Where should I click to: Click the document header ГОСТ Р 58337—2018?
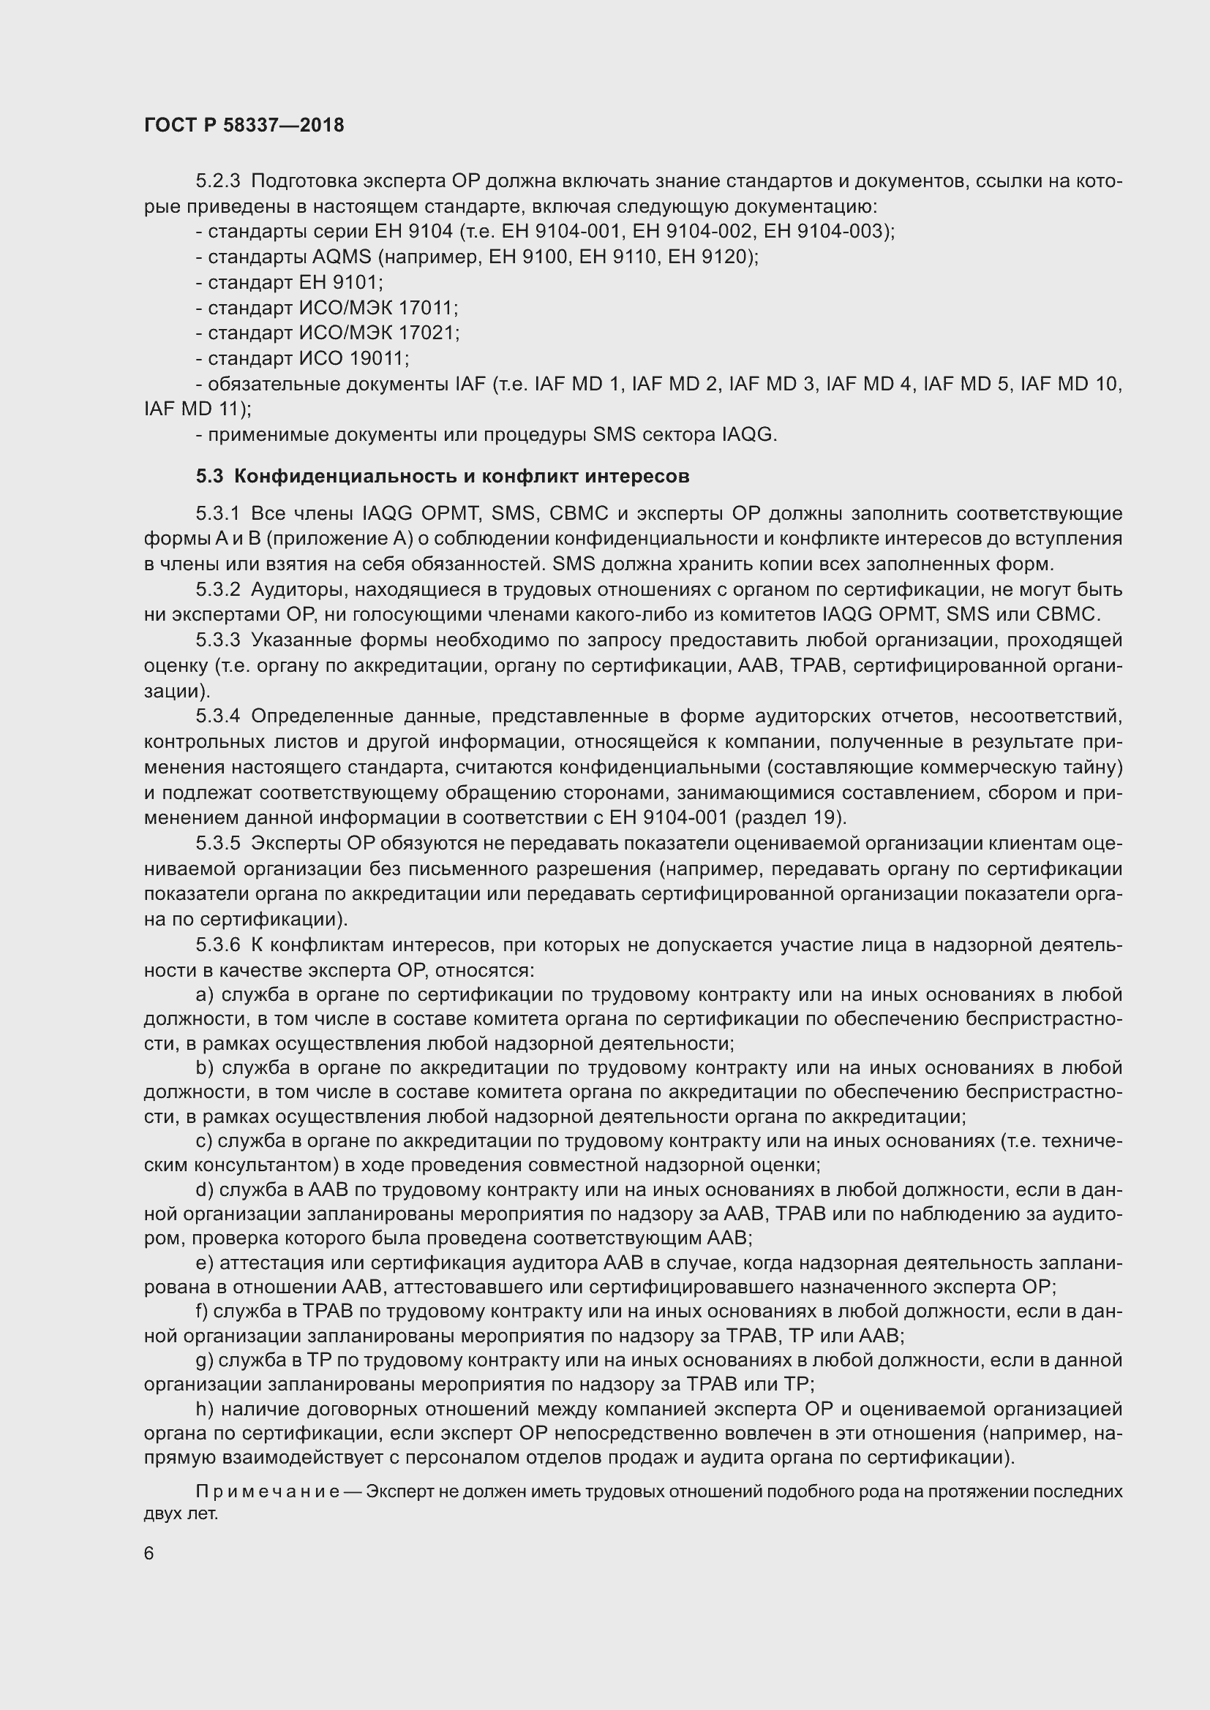tap(244, 125)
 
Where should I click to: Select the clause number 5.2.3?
tap(218, 181)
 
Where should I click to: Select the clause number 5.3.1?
tap(218, 514)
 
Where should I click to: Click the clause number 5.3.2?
tap(218, 590)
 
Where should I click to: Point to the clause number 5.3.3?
tap(218, 640)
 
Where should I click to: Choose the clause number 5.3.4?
tap(218, 716)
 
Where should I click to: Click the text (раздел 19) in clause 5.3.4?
tap(789, 818)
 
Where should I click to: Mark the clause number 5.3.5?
tap(218, 843)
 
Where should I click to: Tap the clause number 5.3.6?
tap(218, 945)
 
